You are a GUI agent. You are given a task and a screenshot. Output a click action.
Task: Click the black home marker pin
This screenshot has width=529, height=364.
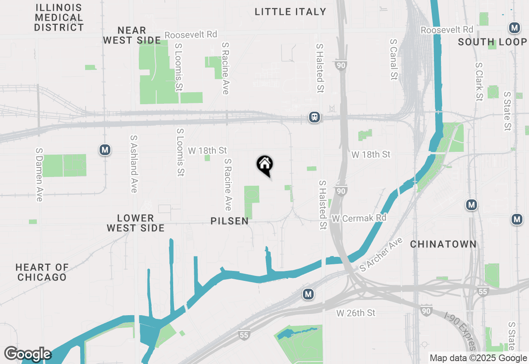(265, 165)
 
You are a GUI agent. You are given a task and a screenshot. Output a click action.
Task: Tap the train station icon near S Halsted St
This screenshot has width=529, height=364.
(315, 117)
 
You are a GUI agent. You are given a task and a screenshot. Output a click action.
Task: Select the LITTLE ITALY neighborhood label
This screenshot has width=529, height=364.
(291, 12)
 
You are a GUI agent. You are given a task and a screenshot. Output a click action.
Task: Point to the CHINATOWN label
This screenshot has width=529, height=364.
(443, 244)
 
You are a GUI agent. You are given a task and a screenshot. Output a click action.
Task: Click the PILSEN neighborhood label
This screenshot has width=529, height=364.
(230, 221)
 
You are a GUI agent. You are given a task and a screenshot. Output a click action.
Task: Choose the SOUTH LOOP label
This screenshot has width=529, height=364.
(493, 42)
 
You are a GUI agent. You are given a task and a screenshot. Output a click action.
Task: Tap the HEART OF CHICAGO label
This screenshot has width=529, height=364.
(42, 272)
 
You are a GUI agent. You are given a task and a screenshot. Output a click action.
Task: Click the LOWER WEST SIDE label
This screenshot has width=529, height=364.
(136, 223)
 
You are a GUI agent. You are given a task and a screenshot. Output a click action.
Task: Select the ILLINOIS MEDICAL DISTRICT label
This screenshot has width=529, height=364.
(59, 18)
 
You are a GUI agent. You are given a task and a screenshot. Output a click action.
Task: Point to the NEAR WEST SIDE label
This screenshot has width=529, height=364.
(132, 35)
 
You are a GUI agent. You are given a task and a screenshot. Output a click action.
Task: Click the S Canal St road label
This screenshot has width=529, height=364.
(393, 60)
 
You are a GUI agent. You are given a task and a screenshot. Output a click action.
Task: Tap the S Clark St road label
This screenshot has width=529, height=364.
(479, 82)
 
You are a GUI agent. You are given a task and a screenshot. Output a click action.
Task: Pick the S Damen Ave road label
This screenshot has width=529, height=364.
(39, 175)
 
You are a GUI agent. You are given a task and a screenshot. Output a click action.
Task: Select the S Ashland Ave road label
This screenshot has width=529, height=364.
(133, 164)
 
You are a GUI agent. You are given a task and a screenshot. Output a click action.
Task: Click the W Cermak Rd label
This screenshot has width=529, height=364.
(359, 218)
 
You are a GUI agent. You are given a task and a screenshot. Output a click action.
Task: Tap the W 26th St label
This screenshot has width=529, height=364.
(356, 313)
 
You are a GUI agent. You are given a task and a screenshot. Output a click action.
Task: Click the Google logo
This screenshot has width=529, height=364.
(28, 354)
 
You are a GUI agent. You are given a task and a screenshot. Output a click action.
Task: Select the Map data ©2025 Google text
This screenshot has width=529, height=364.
(478, 358)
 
